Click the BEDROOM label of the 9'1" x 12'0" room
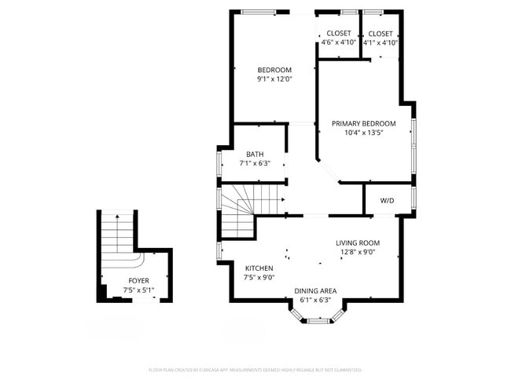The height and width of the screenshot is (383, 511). [x=274, y=70]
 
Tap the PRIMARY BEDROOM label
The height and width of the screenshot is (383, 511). [x=362, y=123]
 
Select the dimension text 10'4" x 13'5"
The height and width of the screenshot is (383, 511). [x=362, y=133]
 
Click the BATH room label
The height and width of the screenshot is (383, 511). [x=255, y=154]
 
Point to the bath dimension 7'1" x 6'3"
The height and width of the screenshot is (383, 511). [x=255, y=163]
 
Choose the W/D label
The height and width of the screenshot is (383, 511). [x=388, y=201]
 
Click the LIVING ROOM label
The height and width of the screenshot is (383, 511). [x=358, y=243]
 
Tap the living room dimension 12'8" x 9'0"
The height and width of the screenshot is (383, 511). [x=358, y=253]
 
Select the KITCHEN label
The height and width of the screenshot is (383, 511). [x=259, y=268]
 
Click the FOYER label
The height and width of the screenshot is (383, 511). [x=138, y=281]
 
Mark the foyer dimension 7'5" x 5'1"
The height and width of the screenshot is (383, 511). [x=138, y=290]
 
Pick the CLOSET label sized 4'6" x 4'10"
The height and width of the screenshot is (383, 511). [x=339, y=34]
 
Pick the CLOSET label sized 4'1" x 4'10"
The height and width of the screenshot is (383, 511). [x=380, y=34]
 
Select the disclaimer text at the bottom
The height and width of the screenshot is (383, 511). [x=256, y=370]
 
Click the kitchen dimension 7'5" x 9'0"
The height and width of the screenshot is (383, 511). [x=259, y=277]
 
